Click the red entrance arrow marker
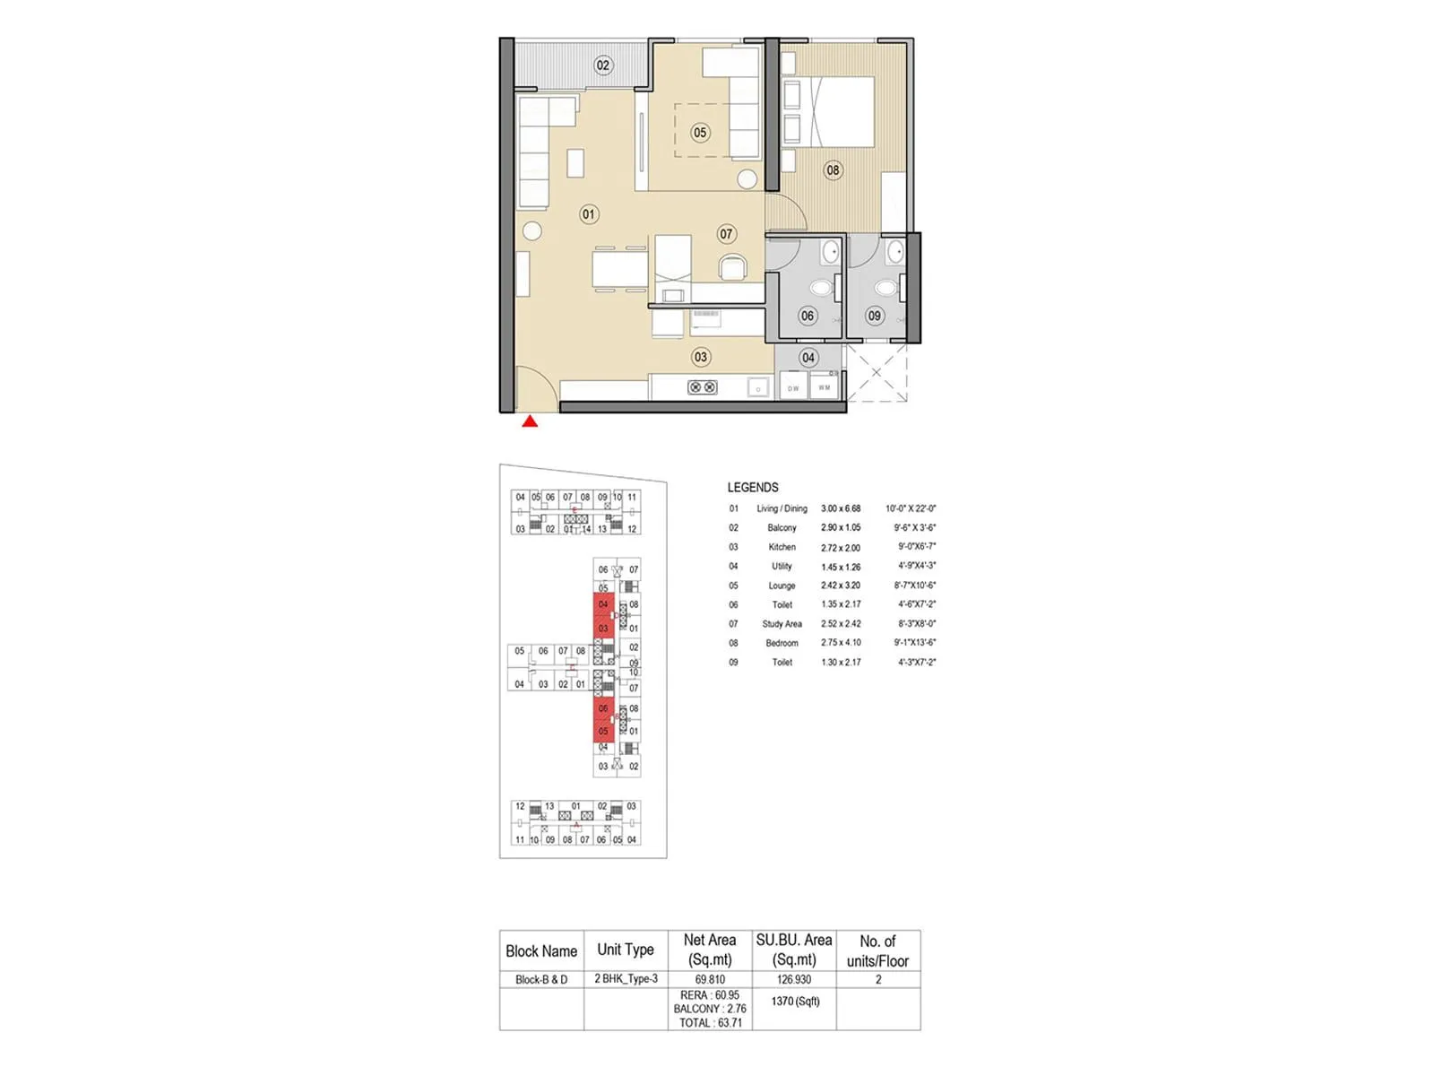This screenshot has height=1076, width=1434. [x=530, y=421]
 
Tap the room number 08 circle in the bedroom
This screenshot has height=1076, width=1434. [x=833, y=170]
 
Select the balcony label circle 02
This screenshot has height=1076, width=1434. [x=603, y=65]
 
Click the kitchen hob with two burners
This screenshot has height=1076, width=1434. [x=702, y=387]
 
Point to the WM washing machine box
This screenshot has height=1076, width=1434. [x=825, y=387]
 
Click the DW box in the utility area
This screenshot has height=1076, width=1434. [x=793, y=387]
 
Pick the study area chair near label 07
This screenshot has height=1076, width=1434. [x=732, y=267]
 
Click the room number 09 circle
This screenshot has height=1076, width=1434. [x=875, y=316]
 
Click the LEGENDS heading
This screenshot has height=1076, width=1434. [x=753, y=488]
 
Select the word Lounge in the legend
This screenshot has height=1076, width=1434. [x=782, y=586]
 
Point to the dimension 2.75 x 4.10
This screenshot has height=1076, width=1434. [x=841, y=643]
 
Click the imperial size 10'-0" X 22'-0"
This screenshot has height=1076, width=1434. [x=911, y=508]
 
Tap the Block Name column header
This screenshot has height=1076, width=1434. [x=541, y=951]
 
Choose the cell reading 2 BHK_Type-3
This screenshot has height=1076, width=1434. [x=626, y=979]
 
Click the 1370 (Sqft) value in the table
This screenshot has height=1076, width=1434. [x=795, y=1001]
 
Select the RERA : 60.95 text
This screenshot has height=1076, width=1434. [x=710, y=995]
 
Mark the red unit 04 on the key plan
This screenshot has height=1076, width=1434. [x=603, y=604]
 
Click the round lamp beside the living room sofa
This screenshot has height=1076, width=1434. [x=532, y=230]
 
